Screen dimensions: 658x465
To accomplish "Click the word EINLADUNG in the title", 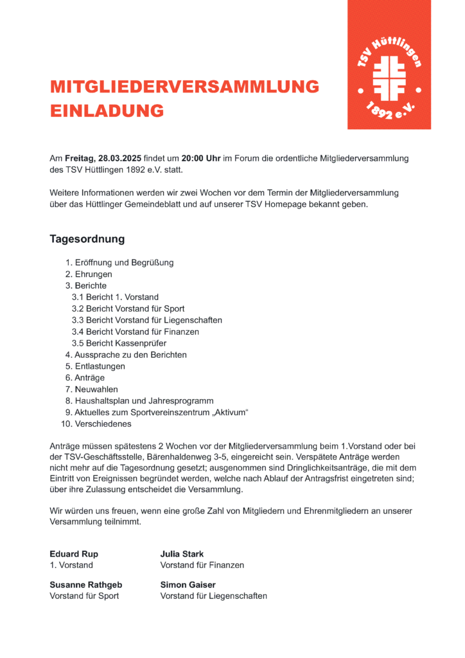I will (107, 111).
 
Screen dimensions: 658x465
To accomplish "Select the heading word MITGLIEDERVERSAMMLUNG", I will (184, 87).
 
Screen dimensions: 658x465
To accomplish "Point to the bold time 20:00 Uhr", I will (201, 158).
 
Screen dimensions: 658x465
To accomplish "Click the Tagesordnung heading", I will (87, 239).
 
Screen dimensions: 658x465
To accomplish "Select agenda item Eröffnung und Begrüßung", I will (124, 262).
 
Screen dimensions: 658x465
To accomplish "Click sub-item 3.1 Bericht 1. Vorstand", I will (115, 297).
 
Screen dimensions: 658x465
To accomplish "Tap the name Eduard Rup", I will (74, 554).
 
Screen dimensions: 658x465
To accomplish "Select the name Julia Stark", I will (182, 554).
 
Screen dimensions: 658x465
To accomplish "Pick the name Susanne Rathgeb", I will (86, 585).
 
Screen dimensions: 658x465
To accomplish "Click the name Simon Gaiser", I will (188, 585).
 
